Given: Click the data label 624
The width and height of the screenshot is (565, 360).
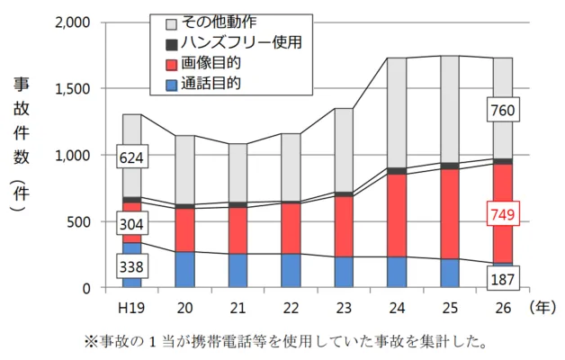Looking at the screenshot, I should click(132, 159).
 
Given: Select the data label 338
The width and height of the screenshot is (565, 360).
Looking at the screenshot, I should click(132, 267).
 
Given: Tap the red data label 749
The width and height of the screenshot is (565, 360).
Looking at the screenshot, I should click(503, 215).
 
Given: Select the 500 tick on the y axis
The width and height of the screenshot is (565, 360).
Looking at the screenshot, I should click(78, 222).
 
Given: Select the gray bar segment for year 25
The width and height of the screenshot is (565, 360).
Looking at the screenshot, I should click(450, 108).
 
